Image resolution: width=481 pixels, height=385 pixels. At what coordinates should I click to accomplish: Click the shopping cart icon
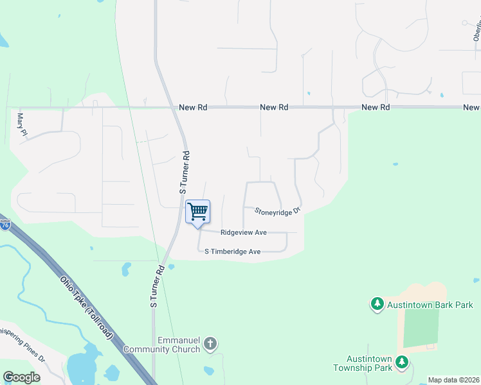click(197, 212)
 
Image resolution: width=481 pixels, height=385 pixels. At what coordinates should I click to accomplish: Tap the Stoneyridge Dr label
click(277, 210)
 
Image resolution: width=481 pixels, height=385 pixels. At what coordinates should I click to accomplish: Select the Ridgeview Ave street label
click(243, 233)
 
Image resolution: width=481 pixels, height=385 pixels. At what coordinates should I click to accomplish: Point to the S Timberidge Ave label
click(232, 252)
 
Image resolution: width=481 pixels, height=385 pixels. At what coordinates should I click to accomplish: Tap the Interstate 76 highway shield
click(5, 226)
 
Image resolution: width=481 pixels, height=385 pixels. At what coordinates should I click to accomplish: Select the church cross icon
click(210, 345)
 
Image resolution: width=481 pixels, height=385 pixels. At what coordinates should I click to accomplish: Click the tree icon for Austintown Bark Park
click(377, 304)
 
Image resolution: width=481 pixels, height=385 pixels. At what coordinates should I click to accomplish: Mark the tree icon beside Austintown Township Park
click(402, 363)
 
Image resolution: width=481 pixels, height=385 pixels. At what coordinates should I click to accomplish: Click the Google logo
click(22, 377)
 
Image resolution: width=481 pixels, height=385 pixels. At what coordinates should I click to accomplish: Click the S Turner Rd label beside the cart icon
click(185, 173)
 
